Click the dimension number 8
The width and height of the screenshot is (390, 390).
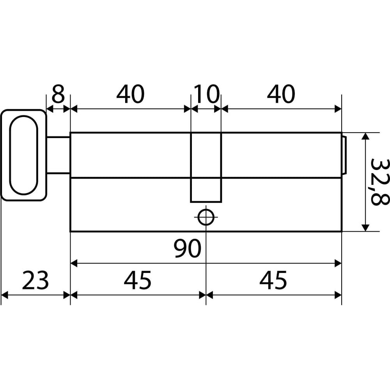point(58,94)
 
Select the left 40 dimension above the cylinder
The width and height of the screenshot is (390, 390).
point(130,94)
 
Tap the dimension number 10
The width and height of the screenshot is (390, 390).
point(206,94)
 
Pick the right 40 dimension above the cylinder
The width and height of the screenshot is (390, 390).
point(281,94)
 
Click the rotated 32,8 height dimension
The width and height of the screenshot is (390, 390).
point(379,182)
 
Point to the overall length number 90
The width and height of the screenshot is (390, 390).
point(187,248)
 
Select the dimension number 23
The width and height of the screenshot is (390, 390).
point(35,280)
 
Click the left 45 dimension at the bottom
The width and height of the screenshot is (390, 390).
point(138,280)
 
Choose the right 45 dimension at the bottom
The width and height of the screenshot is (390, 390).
point(273,280)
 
